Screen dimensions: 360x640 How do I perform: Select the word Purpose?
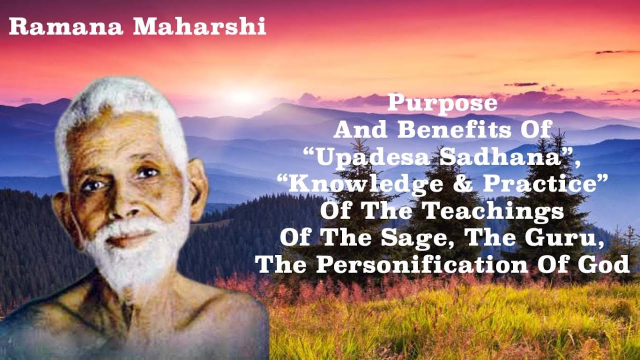tap(442, 103)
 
